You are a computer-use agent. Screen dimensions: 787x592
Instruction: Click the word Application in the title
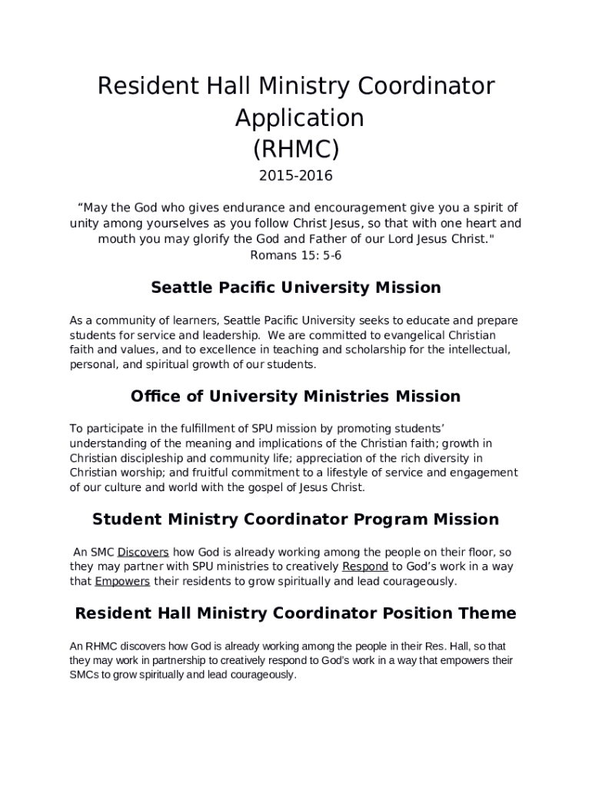(x=299, y=118)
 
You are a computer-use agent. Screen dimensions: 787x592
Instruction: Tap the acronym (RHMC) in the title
(x=296, y=147)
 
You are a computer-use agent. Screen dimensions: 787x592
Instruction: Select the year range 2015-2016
(x=296, y=176)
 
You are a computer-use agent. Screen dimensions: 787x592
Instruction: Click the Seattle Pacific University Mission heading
(x=296, y=288)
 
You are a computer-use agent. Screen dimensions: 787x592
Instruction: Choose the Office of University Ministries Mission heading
(x=296, y=397)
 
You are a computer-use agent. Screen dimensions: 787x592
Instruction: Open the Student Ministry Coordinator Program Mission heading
(x=296, y=520)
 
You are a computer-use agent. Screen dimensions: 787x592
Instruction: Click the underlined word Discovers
(x=143, y=552)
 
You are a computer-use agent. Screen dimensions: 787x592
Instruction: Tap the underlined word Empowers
(x=122, y=581)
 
